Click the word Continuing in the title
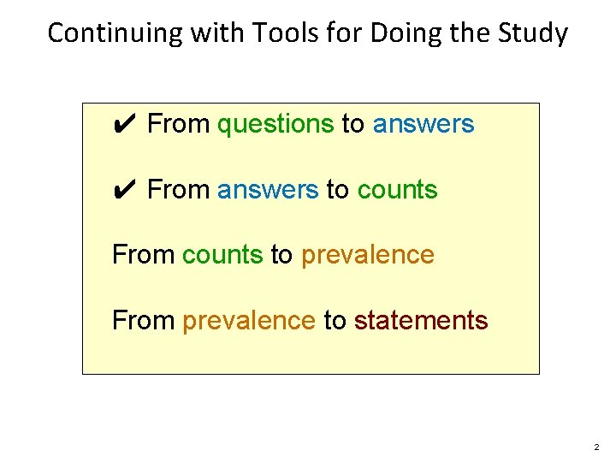tap(104, 33)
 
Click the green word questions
tap(275, 125)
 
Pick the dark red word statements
tap(421, 321)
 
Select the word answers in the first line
tap(423, 125)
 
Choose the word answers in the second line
tap(268, 190)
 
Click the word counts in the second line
tap(397, 190)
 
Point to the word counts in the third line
tap(222, 255)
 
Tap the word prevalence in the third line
tap(367, 255)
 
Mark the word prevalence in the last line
tap(249, 321)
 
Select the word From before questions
tap(179, 125)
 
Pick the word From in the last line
tap(144, 321)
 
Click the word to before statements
tap(335, 321)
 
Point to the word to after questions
tap(352, 125)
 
